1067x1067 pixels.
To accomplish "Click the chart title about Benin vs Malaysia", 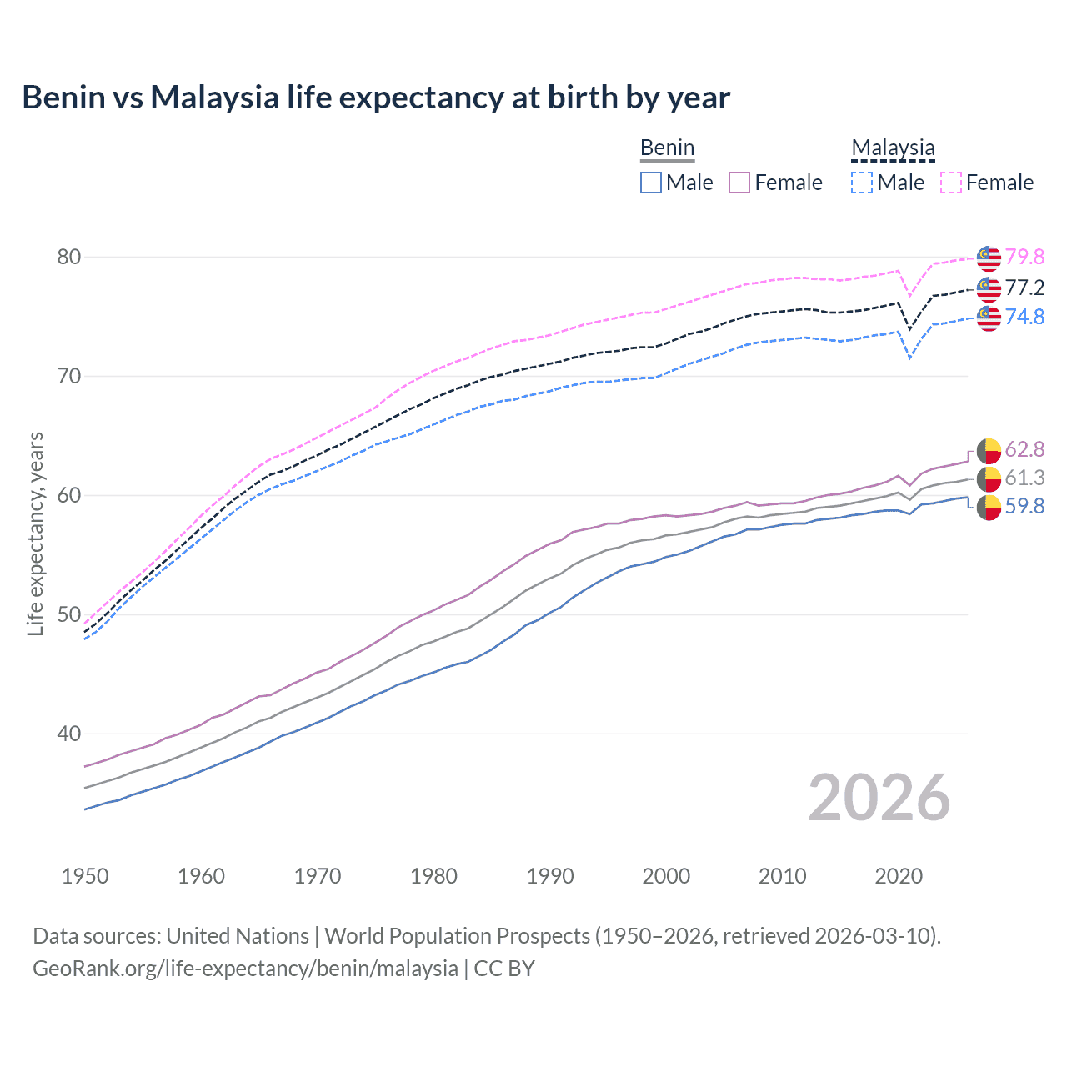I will click(376, 98).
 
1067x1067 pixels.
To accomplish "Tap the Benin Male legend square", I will click(651, 183).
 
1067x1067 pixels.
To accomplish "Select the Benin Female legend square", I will click(739, 183).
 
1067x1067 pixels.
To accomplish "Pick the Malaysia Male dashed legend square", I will click(862, 183).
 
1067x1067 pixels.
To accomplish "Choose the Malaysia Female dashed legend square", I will click(950, 183).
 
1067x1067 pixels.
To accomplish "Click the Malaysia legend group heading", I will click(893, 148).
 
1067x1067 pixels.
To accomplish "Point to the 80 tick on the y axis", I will click(69, 257).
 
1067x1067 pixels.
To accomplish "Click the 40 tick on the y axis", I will click(69, 734).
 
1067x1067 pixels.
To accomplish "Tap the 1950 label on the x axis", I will click(85, 876).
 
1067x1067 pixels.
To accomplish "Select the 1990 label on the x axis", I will click(550, 876).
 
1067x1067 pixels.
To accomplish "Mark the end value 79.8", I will click(1024, 257).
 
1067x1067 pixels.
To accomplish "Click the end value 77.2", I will click(1024, 288).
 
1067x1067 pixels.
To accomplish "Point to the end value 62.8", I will click(1024, 450).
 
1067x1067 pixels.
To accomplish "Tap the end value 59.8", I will click(1024, 507).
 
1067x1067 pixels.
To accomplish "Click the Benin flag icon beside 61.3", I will click(989, 478).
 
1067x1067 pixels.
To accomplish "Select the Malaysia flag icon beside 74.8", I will click(989, 318).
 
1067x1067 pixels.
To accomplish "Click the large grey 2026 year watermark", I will click(879, 798).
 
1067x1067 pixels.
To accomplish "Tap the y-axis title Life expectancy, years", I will click(36, 533).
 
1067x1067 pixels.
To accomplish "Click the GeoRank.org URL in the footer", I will click(245, 969).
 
